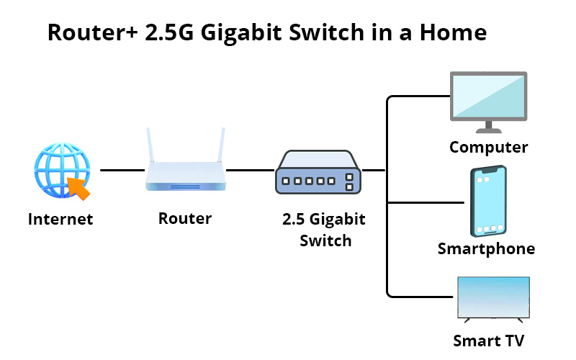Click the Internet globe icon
60,171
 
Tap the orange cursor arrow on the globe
77,188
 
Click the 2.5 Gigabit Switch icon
318,173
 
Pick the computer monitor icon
488,100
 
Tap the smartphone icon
488,202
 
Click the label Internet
60,219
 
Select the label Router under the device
185,218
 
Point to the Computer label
488,148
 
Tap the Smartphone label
487,249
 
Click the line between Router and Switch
248,171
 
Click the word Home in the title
454,33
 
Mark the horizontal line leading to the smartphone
425,202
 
